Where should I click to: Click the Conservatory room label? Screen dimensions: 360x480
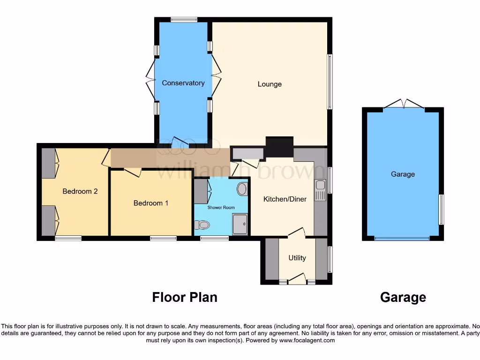click(x=183, y=83)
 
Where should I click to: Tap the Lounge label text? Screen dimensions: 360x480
click(x=270, y=84)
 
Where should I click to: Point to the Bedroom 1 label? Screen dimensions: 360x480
click(x=150, y=203)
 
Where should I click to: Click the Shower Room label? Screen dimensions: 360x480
click(x=221, y=207)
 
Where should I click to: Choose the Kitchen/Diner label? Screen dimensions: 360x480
click(x=285, y=199)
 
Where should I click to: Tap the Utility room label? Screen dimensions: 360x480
click(x=297, y=258)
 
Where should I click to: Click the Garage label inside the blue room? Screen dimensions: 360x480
click(x=403, y=174)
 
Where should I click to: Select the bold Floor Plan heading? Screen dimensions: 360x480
click(x=185, y=297)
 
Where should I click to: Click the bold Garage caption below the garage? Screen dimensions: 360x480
click(x=403, y=297)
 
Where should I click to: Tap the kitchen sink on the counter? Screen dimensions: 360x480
click(x=320, y=190)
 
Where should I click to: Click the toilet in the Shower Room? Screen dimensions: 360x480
click(x=202, y=225)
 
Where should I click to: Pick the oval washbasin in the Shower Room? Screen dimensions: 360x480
click(x=242, y=189)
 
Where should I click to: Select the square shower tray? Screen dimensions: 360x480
click(x=240, y=224)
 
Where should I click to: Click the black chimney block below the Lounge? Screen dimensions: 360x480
click(x=279, y=146)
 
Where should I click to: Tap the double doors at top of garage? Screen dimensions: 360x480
click(x=404, y=104)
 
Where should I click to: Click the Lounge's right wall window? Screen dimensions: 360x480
click(x=330, y=82)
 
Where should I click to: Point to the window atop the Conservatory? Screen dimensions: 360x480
click(x=184, y=20)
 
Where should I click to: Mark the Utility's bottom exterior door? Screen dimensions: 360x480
click(x=297, y=279)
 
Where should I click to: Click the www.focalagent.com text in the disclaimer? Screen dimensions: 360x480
click(x=307, y=340)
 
